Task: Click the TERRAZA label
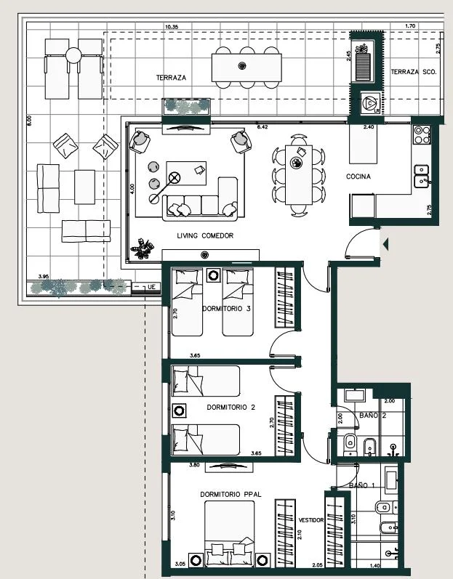click(x=171, y=78)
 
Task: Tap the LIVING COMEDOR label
click(x=205, y=235)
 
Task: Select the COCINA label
click(x=358, y=177)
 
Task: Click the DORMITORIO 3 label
click(x=226, y=308)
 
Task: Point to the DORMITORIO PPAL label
click(x=230, y=494)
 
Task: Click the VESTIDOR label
click(x=310, y=520)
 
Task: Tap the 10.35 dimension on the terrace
click(x=172, y=27)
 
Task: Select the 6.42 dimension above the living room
click(x=262, y=127)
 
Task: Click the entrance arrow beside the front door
click(x=385, y=244)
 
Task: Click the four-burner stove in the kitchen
click(x=422, y=134)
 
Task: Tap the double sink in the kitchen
click(x=421, y=176)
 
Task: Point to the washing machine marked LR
click(x=370, y=103)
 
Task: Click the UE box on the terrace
click(x=146, y=287)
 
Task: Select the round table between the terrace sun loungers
click(x=73, y=56)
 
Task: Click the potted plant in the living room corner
click(x=143, y=248)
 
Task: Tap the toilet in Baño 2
click(x=349, y=442)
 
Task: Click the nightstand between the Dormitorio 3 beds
click(x=213, y=275)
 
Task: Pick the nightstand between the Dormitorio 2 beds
click(x=179, y=410)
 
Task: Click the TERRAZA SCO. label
click(x=414, y=72)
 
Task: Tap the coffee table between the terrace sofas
click(x=84, y=187)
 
